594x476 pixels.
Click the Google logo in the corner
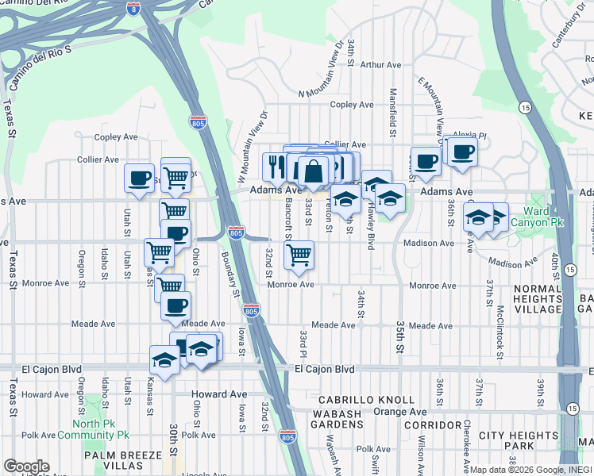click(x=27, y=466)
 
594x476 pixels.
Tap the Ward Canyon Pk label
click(x=542, y=217)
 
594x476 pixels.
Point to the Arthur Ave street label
click(x=381, y=65)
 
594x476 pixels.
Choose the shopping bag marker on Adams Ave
click(x=313, y=171)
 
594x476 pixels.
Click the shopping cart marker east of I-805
click(x=299, y=255)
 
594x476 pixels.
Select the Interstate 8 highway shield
click(x=133, y=8)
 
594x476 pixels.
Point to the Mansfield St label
click(x=393, y=106)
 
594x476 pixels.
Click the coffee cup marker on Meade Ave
click(x=175, y=305)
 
